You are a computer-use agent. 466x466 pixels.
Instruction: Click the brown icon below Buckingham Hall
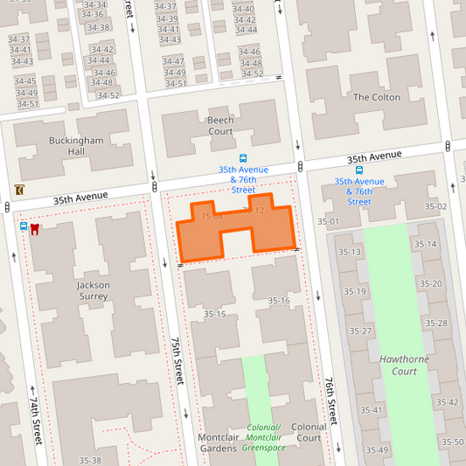coord(19,190)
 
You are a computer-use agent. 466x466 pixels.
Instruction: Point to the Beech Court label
coord(219,125)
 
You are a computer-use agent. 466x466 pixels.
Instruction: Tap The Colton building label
coord(376,97)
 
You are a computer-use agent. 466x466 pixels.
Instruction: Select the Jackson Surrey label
coord(93,290)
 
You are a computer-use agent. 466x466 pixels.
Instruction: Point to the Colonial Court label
coord(309,433)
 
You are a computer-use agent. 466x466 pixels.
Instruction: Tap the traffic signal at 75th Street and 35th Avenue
coord(154,175)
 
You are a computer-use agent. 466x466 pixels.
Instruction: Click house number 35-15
coord(215,314)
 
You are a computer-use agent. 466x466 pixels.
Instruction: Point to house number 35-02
coord(435,206)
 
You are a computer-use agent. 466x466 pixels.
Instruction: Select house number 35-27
coord(360,331)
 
